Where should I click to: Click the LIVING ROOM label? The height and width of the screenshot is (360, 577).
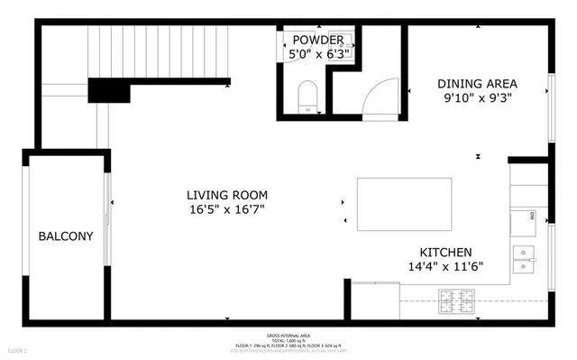[x=226, y=195]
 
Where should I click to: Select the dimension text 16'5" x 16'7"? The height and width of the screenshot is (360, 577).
[x=226, y=210]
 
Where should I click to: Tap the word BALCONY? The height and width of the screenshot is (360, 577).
[x=65, y=236]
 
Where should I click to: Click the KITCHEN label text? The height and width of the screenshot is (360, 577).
[x=445, y=252]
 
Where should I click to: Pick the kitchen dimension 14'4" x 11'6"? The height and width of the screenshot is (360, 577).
[x=445, y=267]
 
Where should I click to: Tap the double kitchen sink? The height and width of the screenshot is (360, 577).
[x=526, y=258]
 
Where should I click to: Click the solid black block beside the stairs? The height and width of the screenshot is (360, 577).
[x=109, y=91]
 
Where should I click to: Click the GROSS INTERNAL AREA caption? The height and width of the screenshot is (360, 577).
[x=288, y=335]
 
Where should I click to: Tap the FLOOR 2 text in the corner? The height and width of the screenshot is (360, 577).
[x=17, y=350]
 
